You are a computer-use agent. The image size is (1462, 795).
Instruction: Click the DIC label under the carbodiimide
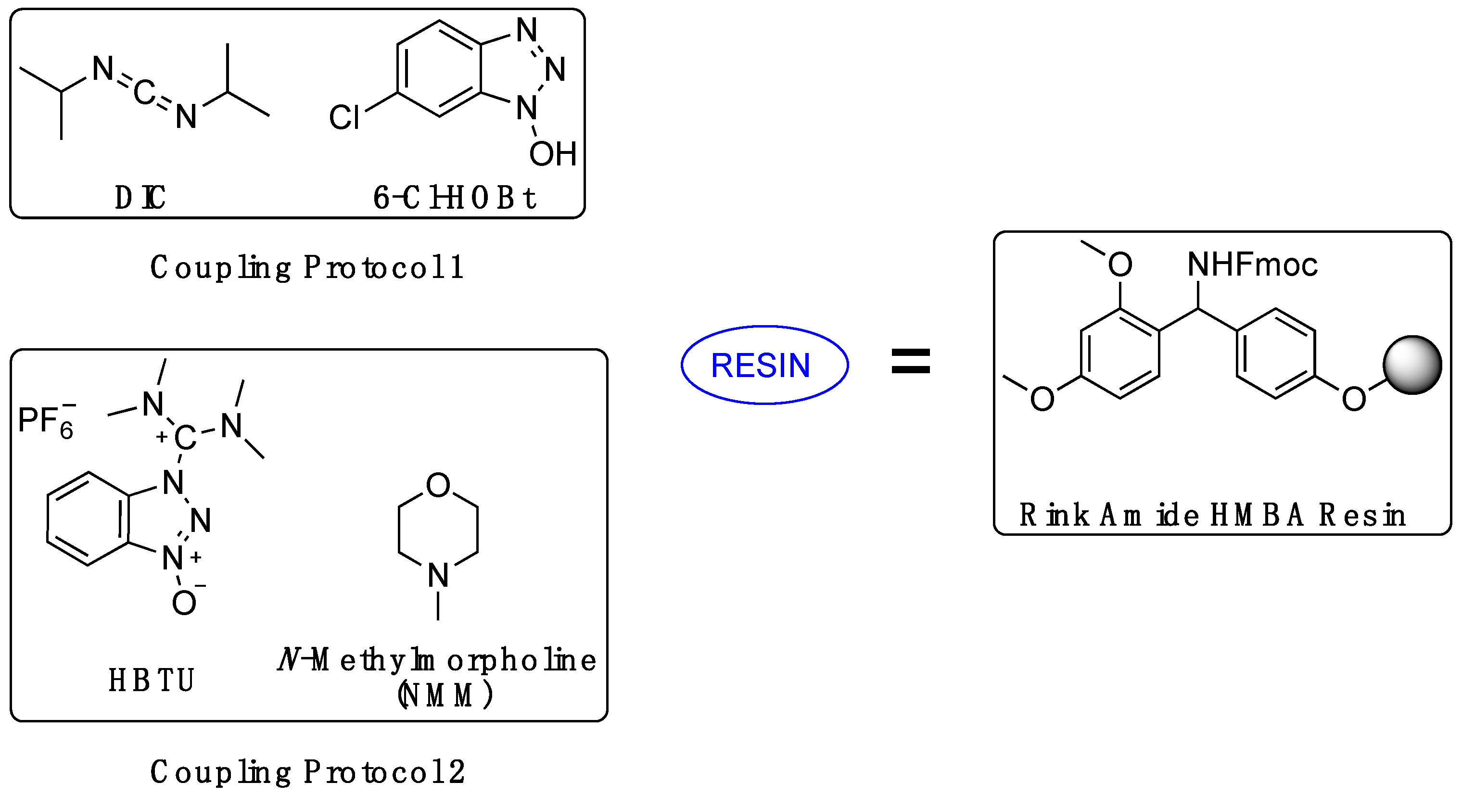click(140, 198)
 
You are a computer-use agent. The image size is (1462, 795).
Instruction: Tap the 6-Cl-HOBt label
click(454, 198)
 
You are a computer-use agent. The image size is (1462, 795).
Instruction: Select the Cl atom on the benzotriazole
click(344, 117)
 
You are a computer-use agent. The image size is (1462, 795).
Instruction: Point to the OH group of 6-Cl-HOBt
click(552, 153)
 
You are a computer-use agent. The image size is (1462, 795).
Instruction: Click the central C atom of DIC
click(144, 92)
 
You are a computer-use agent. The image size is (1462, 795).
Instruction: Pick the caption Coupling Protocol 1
click(307, 267)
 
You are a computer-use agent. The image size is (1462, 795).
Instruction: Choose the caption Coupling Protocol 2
click(307, 772)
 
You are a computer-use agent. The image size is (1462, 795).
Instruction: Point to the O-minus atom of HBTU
click(184, 603)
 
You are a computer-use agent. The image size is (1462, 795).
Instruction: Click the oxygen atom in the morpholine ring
click(438, 485)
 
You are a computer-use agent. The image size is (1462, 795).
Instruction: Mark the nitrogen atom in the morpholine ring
click(438, 575)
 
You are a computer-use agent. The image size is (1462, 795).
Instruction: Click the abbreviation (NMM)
click(445, 695)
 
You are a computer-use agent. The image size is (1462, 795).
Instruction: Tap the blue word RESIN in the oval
click(760, 366)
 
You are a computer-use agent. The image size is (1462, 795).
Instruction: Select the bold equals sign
click(910, 362)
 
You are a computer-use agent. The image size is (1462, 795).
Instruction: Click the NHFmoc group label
click(1252, 265)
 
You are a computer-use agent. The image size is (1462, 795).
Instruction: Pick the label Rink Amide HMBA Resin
click(1212, 515)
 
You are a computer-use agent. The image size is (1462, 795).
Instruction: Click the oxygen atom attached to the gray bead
click(1354, 399)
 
